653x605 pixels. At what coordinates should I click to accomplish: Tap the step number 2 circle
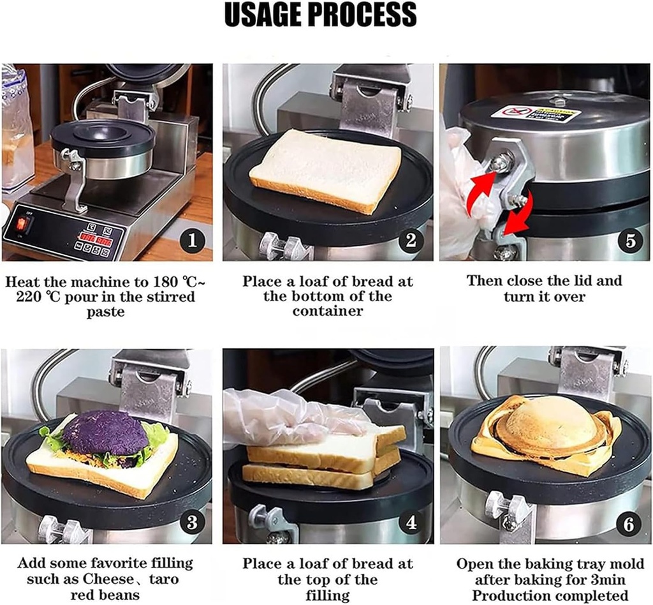pyautogui.click(x=411, y=240)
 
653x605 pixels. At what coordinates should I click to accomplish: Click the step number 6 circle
pyautogui.click(x=629, y=525)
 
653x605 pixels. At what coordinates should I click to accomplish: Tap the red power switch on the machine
pyautogui.click(x=24, y=224)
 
